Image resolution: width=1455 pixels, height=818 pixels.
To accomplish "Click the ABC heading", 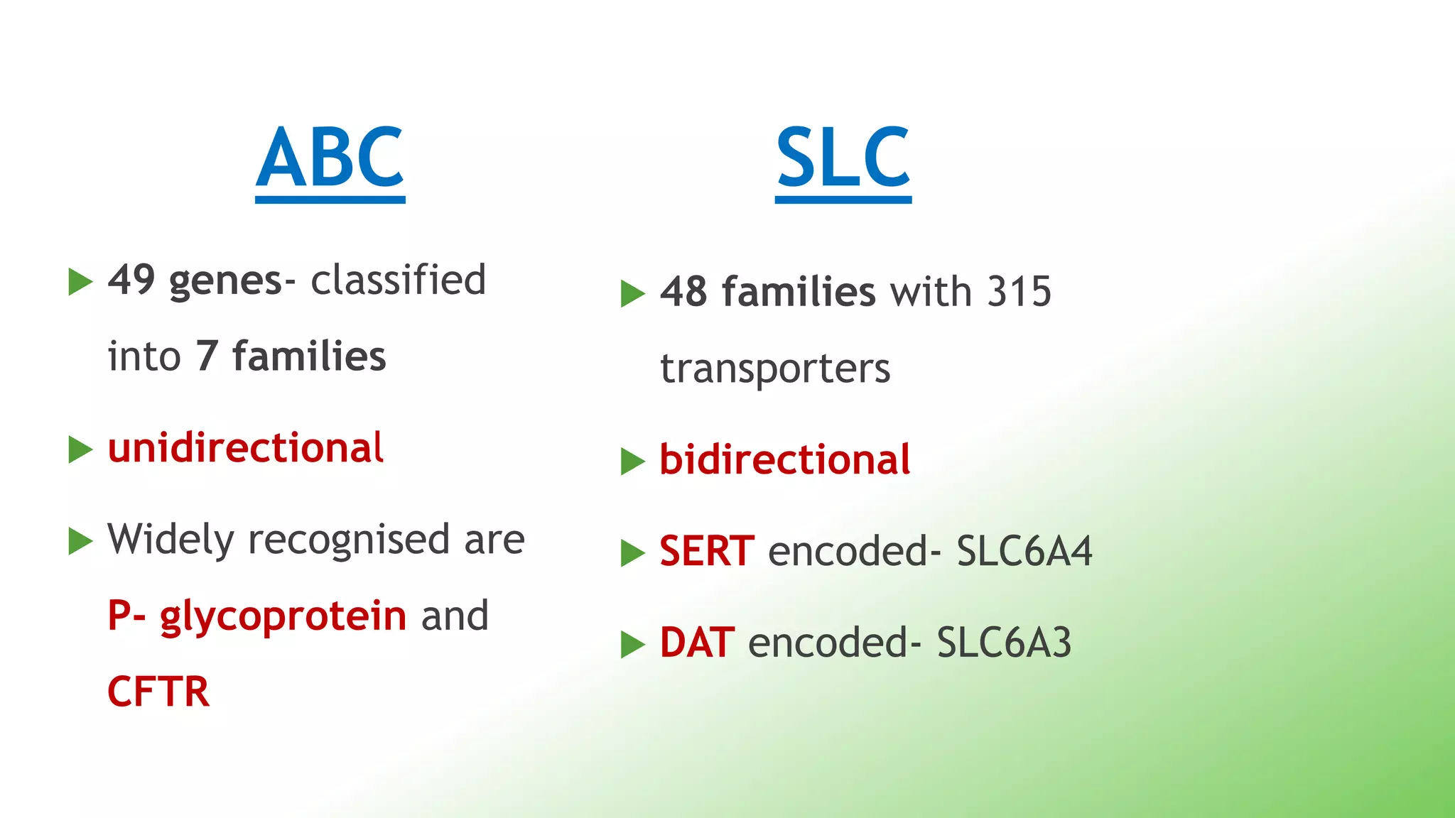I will pyautogui.click(x=330, y=158).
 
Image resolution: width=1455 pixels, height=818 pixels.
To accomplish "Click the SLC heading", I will pyautogui.click(x=843, y=158).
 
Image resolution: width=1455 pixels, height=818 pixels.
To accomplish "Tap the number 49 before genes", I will pyautogui.click(x=131, y=279).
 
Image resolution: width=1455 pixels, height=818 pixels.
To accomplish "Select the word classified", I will pyautogui.click(x=399, y=279).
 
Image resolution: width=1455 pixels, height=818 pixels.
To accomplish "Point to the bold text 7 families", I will pyautogui.click(x=291, y=356).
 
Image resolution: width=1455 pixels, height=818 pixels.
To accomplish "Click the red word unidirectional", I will pyautogui.click(x=246, y=448).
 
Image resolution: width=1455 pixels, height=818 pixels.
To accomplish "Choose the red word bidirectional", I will pyautogui.click(x=785, y=459).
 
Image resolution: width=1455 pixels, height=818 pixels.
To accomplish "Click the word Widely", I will pyautogui.click(x=170, y=540).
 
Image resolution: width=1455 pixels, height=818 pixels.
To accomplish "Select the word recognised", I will pyautogui.click(x=349, y=540).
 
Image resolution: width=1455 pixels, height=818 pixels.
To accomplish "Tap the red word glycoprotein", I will pyautogui.click(x=283, y=615).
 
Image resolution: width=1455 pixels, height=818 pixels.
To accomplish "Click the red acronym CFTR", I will pyautogui.click(x=158, y=692).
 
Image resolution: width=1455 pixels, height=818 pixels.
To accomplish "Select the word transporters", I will pyautogui.click(x=775, y=369).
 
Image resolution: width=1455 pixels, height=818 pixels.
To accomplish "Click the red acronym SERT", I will pyautogui.click(x=706, y=551).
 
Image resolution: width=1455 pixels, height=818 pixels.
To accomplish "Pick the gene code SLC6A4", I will pyautogui.click(x=1024, y=551).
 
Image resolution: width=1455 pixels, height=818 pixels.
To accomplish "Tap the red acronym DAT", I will pyautogui.click(x=696, y=643).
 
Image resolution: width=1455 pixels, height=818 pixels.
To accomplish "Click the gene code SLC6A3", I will pyautogui.click(x=1004, y=643).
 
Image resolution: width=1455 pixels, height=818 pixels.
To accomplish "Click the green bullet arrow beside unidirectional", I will pyautogui.click(x=80, y=449).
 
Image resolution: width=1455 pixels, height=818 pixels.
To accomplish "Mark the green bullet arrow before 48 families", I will pyautogui.click(x=632, y=293).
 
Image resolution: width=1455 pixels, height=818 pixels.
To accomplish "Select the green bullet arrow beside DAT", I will pyautogui.click(x=632, y=644).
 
